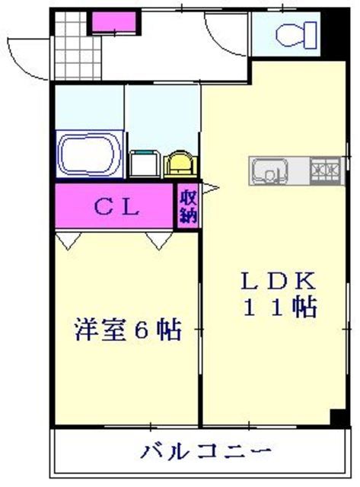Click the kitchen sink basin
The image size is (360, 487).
point(267,172)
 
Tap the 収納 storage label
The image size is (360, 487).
point(188,205)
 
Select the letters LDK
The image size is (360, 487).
point(278,280)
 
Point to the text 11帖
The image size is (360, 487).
point(279,307)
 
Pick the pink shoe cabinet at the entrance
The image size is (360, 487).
point(113,22)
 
